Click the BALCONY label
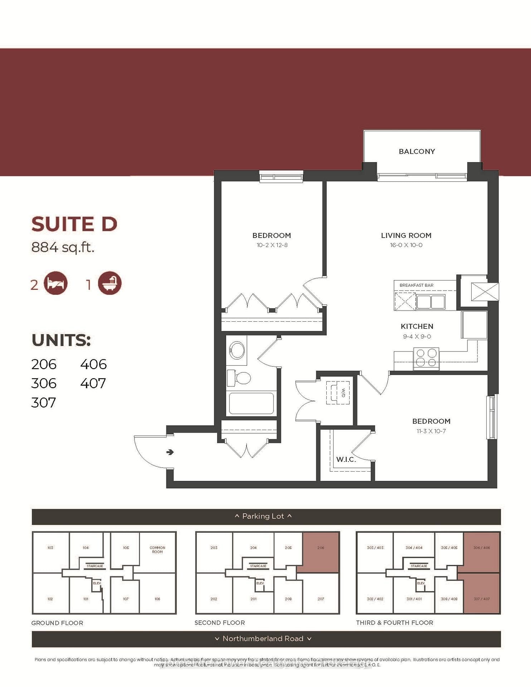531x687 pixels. (417, 151)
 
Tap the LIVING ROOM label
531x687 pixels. (406, 235)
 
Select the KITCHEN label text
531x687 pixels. (417, 326)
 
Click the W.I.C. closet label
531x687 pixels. (346, 459)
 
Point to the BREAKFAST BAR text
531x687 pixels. (416, 285)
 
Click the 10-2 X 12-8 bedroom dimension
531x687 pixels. (272, 245)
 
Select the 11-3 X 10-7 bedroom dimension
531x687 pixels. (431, 431)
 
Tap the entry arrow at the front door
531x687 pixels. (170, 452)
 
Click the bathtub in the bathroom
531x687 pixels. (251, 403)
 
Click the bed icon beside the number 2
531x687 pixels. (56, 283)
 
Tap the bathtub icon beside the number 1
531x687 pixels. (110, 283)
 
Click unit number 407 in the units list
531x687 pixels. (93, 384)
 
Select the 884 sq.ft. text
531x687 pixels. (63, 247)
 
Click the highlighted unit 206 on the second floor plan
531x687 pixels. (321, 552)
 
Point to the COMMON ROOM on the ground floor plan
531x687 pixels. (157, 550)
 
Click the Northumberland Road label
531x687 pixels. (263, 639)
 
